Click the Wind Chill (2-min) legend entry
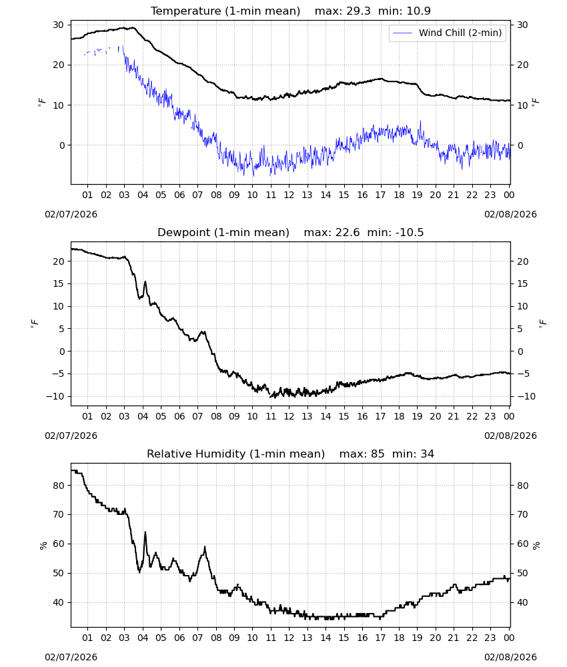pos(448,33)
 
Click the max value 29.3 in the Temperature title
pos(359,11)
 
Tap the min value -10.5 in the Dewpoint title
pos(410,232)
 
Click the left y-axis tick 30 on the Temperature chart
pos(59,25)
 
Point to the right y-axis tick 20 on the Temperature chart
pos(523,65)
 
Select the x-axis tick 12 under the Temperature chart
pos(290,195)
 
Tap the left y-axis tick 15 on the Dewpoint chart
pos(59,283)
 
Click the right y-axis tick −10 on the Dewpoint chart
pos(526,396)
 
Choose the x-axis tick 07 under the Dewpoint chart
pos(198,416)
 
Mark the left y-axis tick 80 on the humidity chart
pos(59,486)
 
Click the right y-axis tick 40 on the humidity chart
pos(523,602)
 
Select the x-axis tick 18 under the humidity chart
pos(399,638)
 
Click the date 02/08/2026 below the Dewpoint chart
pos(510,436)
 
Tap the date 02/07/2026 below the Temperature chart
pos(71,214)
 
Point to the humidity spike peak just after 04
pos(145,532)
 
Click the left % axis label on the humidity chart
pos(43,546)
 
